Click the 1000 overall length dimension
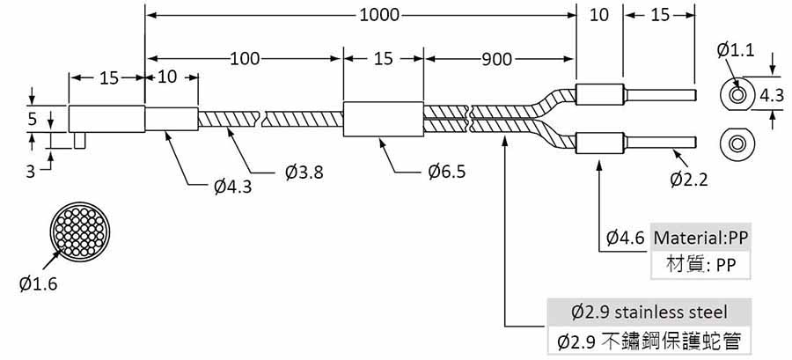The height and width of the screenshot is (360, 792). pyautogui.click(x=378, y=15)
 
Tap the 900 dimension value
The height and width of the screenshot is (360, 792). pyautogui.click(x=496, y=60)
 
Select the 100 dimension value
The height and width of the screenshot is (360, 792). pyautogui.click(x=245, y=59)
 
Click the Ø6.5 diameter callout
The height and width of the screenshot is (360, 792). pyautogui.click(x=446, y=173)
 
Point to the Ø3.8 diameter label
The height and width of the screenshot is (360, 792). pyautogui.click(x=304, y=173)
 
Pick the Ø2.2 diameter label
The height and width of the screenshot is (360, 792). pyautogui.click(x=689, y=179)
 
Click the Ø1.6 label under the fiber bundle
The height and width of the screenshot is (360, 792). pyautogui.click(x=39, y=284)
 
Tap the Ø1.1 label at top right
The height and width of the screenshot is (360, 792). pyautogui.click(x=735, y=50)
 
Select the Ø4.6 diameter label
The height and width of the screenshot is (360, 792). pyautogui.click(x=626, y=238)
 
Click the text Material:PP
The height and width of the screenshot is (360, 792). pyautogui.click(x=700, y=238)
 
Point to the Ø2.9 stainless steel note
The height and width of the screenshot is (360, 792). pyautogui.click(x=649, y=312)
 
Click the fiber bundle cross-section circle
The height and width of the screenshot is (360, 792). pyautogui.click(x=80, y=232)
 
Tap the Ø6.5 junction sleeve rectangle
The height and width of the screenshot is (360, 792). pyautogui.click(x=384, y=119)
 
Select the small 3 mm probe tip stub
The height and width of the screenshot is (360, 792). pyautogui.click(x=79, y=140)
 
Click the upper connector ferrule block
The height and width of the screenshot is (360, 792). pyautogui.click(x=599, y=94)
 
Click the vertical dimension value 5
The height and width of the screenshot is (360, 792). pyautogui.click(x=33, y=119)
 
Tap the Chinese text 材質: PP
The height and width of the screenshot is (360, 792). pyautogui.click(x=700, y=265)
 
